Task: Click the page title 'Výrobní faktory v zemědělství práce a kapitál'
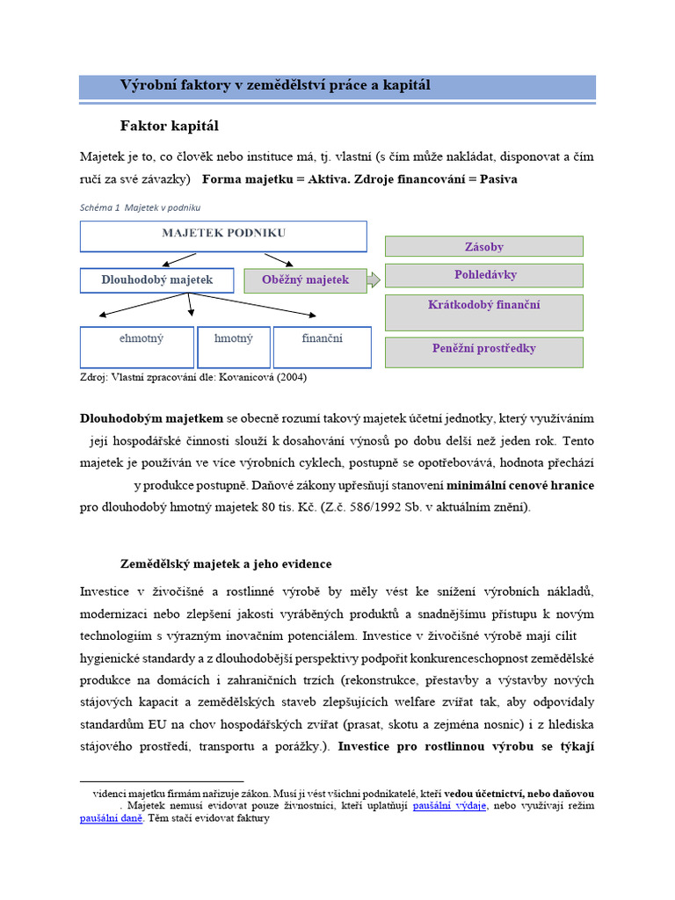point(274,85)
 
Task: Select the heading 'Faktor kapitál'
point(169,126)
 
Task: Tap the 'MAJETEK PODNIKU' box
point(223,236)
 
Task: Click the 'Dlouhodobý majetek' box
point(157,280)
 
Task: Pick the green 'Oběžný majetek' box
point(305,280)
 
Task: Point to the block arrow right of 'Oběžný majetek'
point(374,280)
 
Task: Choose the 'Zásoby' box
point(483,247)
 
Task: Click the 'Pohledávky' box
point(483,275)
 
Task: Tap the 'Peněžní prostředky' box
point(483,349)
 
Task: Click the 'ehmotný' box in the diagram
point(137,346)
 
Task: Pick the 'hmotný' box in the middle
point(233,346)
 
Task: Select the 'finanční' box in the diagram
point(323,346)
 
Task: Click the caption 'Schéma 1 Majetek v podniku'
point(140,207)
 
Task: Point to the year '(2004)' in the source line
point(290,377)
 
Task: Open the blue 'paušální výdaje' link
point(449,805)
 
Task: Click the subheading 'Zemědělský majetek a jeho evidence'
point(226,563)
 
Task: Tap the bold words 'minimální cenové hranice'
point(520,485)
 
